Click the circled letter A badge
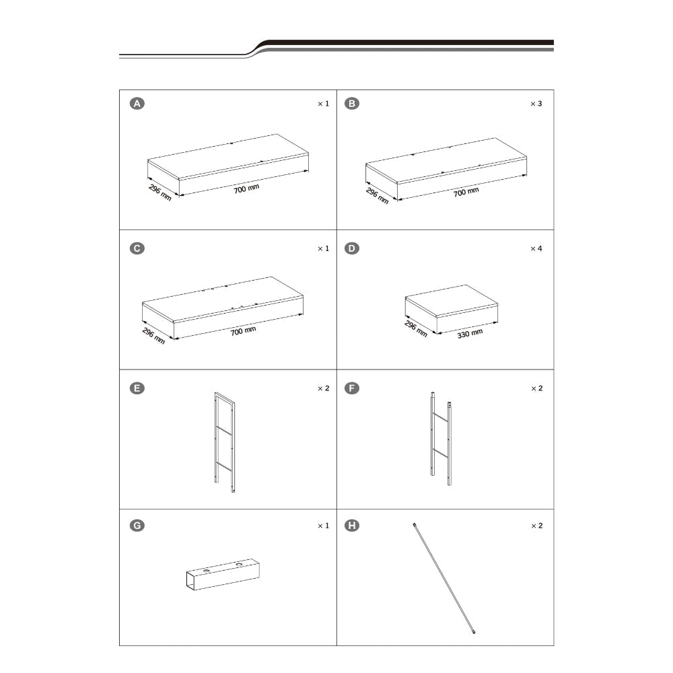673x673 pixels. click(x=137, y=104)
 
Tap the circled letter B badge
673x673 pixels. click(x=352, y=104)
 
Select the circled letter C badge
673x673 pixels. click(x=137, y=248)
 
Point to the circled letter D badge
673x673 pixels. click(x=352, y=248)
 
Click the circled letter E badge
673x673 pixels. click(x=137, y=388)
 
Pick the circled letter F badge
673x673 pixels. click(x=352, y=388)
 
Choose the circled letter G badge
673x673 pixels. click(x=137, y=526)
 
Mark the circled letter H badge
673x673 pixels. click(x=352, y=526)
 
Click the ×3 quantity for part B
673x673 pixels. click(x=536, y=104)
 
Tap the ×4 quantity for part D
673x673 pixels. click(x=536, y=248)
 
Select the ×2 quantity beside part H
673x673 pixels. click(x=537, y=526)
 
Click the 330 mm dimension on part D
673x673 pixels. click(x=470, y=334)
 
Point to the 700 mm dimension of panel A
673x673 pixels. click(x=246, y=188)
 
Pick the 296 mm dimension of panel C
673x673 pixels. click(x=153, y=336)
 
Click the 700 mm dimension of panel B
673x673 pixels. click(x=466, y=192)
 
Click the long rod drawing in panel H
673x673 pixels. click(x=444, y=578)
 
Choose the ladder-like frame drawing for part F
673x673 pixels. click(x=441, y=439)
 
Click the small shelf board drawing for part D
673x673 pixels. click(x=451, y=308)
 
